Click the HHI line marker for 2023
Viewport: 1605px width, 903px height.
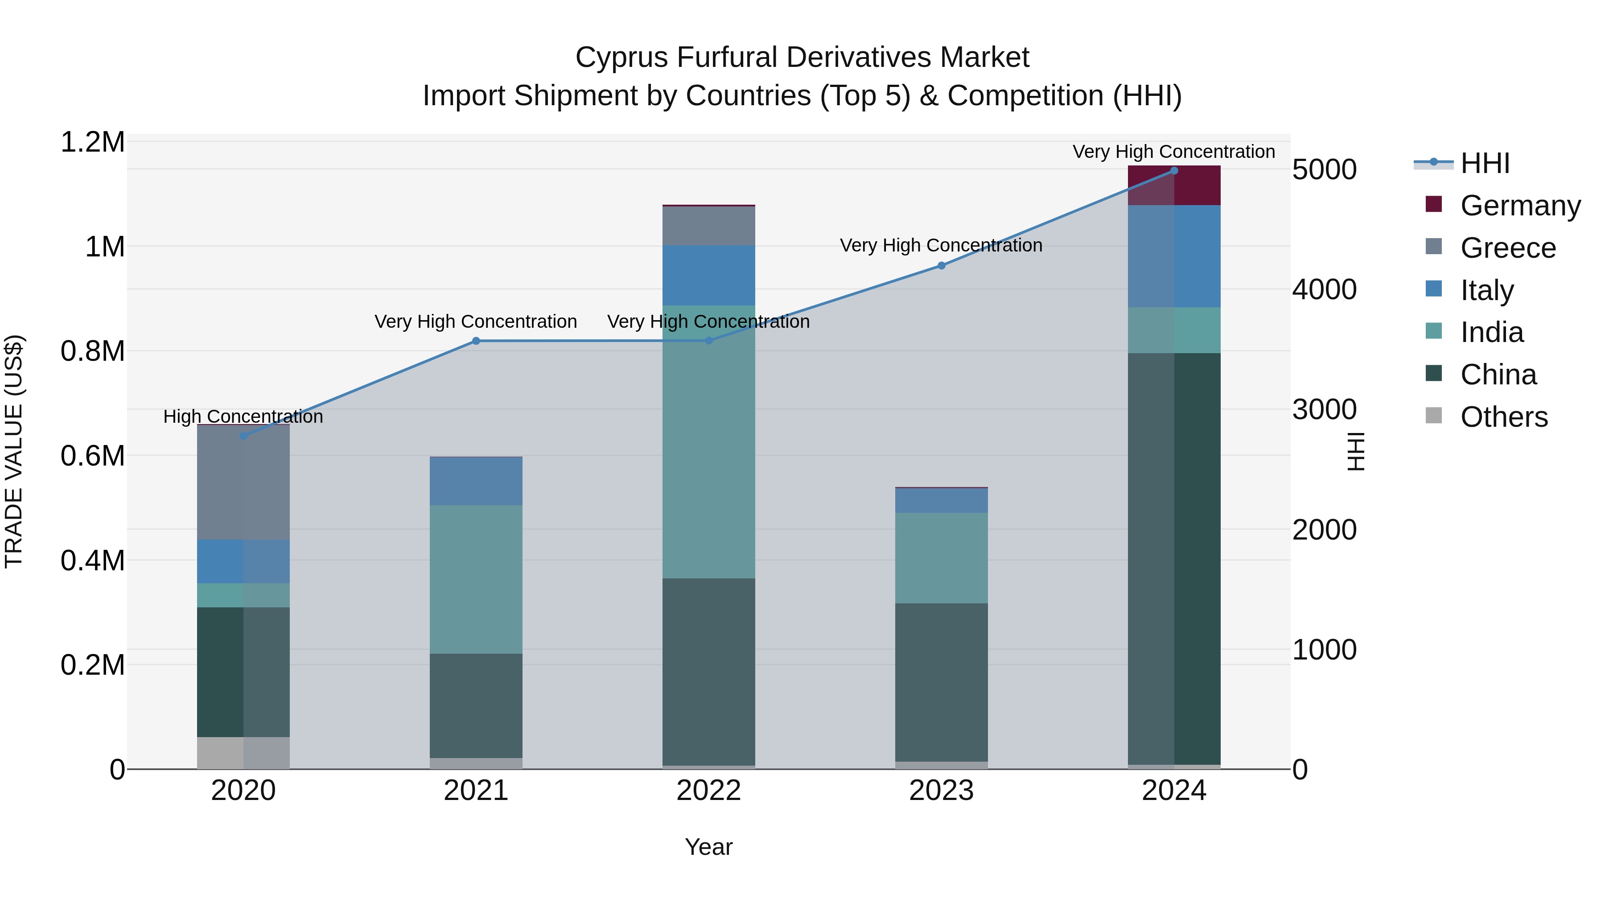click(x=942, y=265)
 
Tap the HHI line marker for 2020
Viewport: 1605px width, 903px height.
click(x=243, y=436)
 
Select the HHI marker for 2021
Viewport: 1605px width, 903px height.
click(x=476, y=341)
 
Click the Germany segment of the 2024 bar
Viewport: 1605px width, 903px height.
click(x=1174, y=186)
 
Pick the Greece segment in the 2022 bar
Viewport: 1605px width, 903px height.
click(x=708, y=226)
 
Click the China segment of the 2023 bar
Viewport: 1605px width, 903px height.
click(x=942, y=682)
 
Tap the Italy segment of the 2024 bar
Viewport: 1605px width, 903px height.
click(x=1174, y=256)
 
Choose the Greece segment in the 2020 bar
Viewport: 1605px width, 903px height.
click(x=243, y=482)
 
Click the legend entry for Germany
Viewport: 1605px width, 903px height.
click(x=1520, y=206)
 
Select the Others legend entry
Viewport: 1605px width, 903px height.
click(x=1503, y=417)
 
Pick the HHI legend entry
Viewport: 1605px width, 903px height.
click(x=1485, y=163)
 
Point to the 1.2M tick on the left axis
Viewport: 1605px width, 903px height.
click(x=92, y=142)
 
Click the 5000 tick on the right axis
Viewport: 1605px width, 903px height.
click(x=1324, y=169)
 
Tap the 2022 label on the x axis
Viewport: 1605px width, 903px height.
click(x=708, y=791)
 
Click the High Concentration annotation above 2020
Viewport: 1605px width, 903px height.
click(x=243, y=416)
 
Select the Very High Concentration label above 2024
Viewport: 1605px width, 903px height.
click(x=1174, y=152)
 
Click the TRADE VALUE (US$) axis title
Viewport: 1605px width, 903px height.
click(x=14, y=451)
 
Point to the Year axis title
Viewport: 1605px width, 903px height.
click(x=708, y=847)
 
